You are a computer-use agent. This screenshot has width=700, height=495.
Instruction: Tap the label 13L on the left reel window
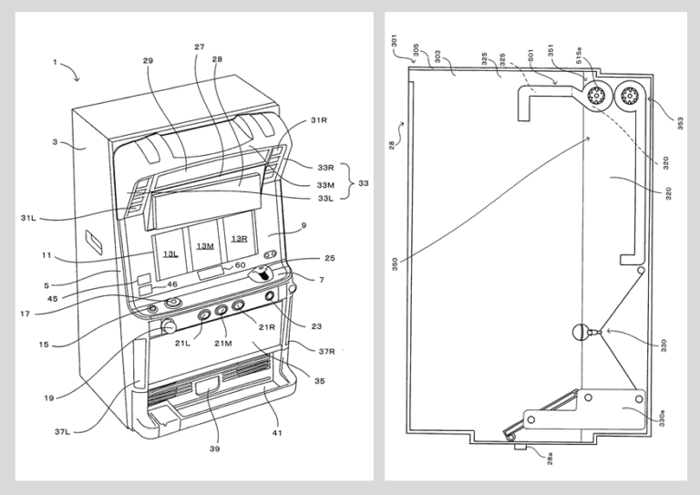coord(171,253)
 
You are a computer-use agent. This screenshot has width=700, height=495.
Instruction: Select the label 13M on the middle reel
coord(206,246)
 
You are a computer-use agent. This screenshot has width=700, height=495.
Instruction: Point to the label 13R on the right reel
coord(239,239)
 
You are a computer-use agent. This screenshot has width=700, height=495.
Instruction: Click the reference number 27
coord(200,46)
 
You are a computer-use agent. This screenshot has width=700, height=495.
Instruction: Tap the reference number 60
coord(240,265)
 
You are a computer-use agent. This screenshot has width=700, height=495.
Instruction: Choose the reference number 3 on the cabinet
coord(55,142)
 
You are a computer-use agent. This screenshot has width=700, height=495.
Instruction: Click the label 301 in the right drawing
coord(395,40)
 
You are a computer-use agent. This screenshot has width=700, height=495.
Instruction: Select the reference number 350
coord(395,265)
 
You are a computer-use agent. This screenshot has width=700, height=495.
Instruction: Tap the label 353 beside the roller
coord(678,122)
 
